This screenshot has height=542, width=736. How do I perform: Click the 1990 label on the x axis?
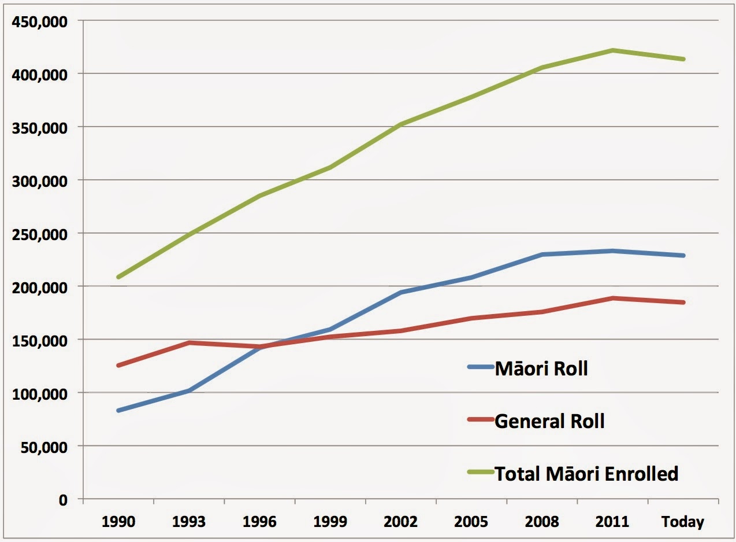point(118,522)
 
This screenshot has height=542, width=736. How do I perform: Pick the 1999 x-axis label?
point(330,522)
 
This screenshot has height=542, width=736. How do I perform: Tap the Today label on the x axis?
point(683,522)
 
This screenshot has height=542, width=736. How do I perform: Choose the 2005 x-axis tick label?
point(471,522)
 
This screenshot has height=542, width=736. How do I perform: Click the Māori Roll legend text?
point(541,368)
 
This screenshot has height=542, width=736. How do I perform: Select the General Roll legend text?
point(549,421)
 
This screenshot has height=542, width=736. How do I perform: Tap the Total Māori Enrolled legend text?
point(586,474)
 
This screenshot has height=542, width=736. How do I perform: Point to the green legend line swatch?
point(479,473)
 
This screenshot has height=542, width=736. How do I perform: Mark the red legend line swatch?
point(479,420)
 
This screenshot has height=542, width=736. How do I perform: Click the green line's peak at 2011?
point(613,50)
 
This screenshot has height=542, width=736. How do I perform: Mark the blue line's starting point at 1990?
point(118,411)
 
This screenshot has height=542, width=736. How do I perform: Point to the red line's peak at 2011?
point(613,298)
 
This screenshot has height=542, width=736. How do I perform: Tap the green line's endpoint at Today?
point(683,59)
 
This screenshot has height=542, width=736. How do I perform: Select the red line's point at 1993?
point(189,343)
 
